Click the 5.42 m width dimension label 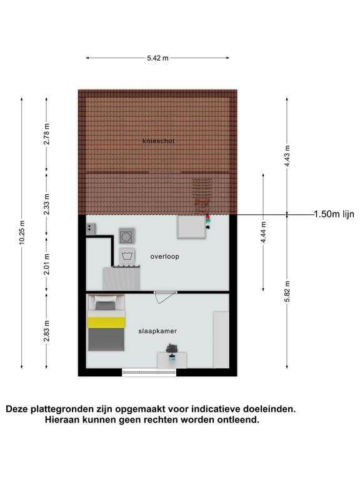[x=157, y=58]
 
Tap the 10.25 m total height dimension [x=22, y=232]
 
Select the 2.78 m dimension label [x=46, y=134]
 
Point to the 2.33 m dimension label [x=46, y=204]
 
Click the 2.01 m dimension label [x=46, y=264]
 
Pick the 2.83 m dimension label [x=46, y=331]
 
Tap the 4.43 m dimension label [x=287, y=156]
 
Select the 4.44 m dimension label [x=263, y=232]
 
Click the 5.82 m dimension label [x=287, y=291]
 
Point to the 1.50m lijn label [x=334, y=214]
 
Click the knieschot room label [x=159, y=141]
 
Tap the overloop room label [x=165, y=256]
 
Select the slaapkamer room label [x=157, y=331]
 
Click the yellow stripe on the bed [x=106, y=322]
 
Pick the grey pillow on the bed [x=106, y=306]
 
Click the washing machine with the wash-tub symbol [x=127, y=256]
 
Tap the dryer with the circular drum [x=127, y=236]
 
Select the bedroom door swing [x=165, y=297]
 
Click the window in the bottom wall [x=149, y=372]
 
